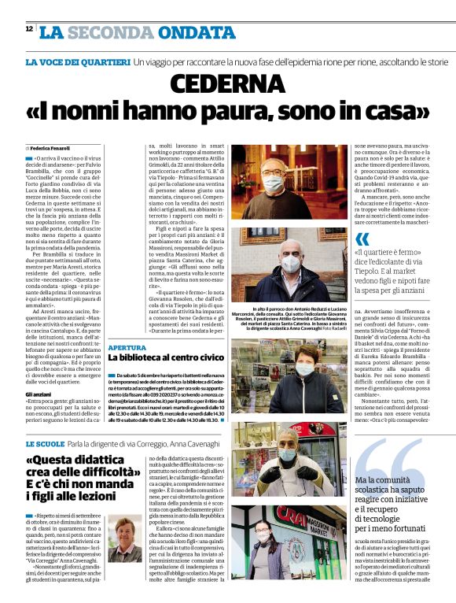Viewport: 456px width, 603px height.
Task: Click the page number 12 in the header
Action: [x=28, y=29]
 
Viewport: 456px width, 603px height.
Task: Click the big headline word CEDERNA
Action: [x=228, y=83]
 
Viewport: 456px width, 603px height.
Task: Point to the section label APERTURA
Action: [x=127, y=346]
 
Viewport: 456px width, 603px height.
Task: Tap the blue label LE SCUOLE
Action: [x=44, y=445]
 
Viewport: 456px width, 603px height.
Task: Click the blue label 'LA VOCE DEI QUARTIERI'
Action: [x=77, y=61]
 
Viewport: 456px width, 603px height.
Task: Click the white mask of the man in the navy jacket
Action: [x=289, y=265]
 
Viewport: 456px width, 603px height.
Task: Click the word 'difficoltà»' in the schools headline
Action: [x=103, y=475]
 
